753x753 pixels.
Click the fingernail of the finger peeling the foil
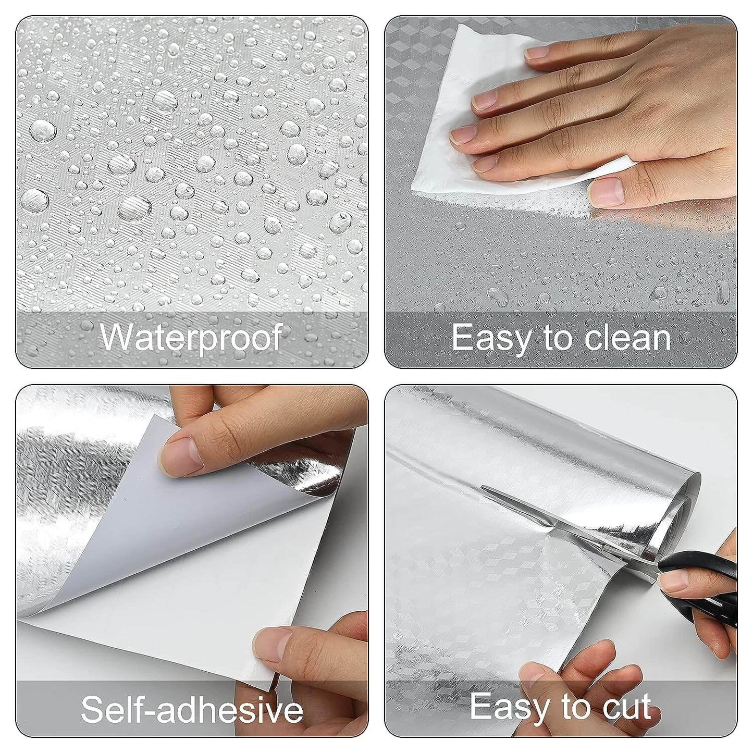click(180, 455)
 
